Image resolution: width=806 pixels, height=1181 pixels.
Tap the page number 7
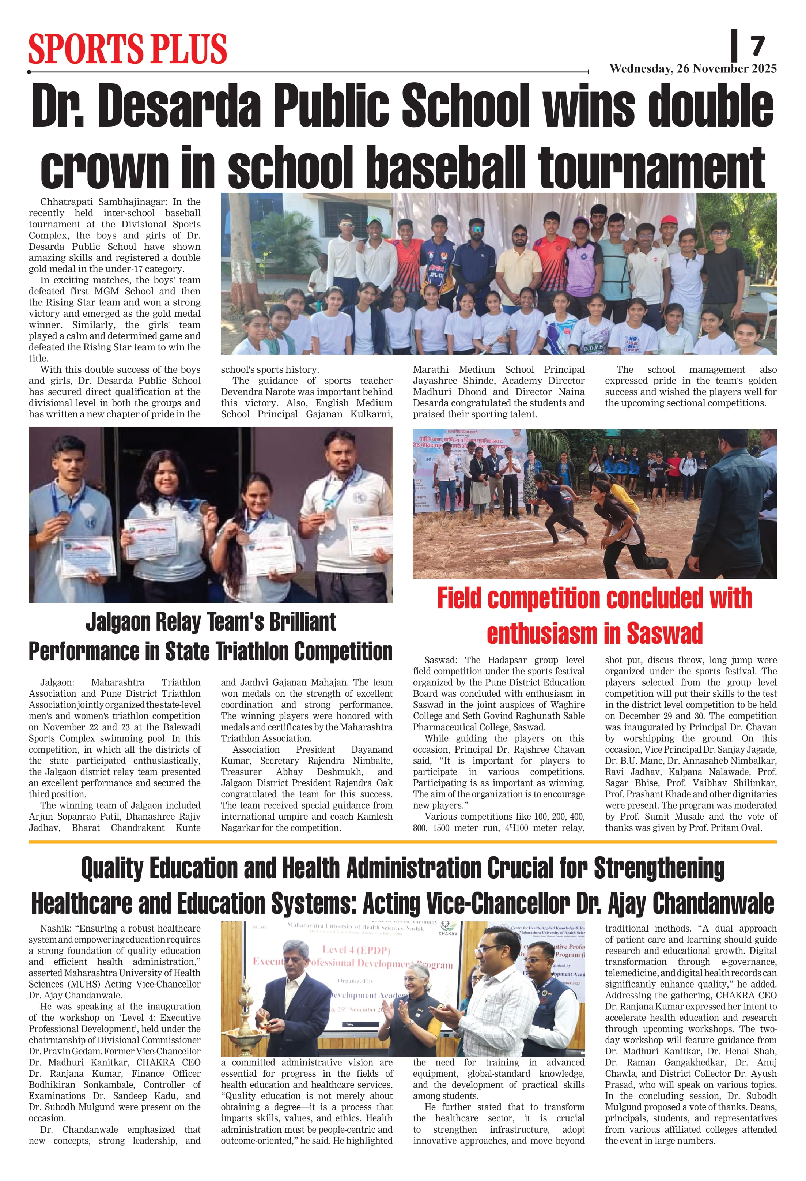[x=757, y=46]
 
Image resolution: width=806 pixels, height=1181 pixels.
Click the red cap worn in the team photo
[x=669, y=220]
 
